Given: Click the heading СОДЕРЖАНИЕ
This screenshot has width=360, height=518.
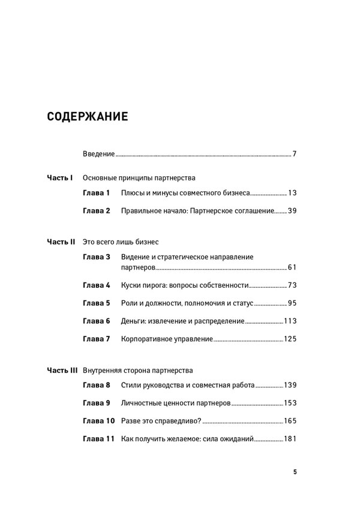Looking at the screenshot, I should [x=88, y=116].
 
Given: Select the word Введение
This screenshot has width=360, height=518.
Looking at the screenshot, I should [x=98, y=154].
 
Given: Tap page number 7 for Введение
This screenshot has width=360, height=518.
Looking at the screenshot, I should [x=295, y=154].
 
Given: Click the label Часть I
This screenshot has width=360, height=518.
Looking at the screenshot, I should [x=60, y=178].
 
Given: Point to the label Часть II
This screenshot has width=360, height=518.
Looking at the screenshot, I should [x=61, y=242].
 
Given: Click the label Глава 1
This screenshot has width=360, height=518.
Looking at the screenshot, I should [x=97, y=194].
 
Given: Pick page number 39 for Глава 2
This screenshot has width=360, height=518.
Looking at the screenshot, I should [x=292, y=210].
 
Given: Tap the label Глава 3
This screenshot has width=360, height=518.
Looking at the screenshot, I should [x=97, y=257].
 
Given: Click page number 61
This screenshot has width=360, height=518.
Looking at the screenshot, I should [x=292, y=267].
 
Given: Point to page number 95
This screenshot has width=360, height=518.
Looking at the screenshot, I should [x=292, y=303].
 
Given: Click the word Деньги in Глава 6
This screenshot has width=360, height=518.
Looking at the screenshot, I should [x=134, y=321].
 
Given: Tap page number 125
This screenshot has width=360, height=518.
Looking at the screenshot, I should [x=290, y=339].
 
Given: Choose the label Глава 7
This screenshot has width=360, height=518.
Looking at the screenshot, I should [x=97, y=339].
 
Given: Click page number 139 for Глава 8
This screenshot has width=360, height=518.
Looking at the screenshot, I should [x=290, y=385].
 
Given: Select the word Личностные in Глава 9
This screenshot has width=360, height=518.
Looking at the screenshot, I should [x=143, y=403].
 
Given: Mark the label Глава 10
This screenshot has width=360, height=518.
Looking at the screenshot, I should [x=98, y=421].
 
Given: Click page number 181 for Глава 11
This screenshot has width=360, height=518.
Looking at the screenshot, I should [x=290, y=439].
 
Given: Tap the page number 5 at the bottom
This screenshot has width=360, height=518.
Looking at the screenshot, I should [x=295, y=472].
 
